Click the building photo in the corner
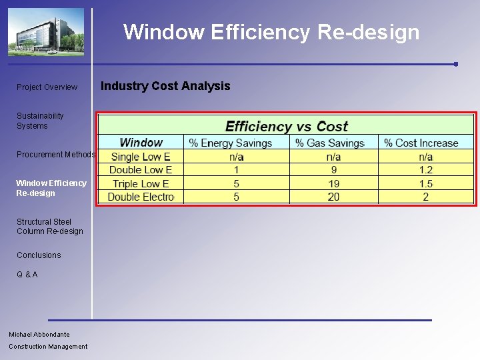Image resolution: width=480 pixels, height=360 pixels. pos(45,32)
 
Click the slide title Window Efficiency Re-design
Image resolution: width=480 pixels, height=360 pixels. pos(271,32)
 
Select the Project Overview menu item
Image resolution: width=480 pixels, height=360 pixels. pos(47,87)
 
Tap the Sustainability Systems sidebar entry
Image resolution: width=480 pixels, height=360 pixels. pos(40,121)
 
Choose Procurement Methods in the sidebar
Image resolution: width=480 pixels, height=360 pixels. pos(56,155)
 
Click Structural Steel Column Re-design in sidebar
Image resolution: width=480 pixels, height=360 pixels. pos(50,227)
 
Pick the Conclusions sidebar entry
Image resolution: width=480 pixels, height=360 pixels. pos(39,255)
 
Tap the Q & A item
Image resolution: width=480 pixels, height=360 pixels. pos(27,275)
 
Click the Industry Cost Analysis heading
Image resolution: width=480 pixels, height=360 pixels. pos(165,86)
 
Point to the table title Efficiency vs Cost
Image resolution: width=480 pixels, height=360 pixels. pos(287,127)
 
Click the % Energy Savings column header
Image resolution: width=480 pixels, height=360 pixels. pos(231,143)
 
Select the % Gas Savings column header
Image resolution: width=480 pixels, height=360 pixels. pos(330,143)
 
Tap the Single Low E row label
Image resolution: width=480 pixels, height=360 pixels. pos(141,157)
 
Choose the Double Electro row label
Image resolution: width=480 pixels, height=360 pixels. pos(141,197)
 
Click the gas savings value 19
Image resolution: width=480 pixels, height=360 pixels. pos(333,183)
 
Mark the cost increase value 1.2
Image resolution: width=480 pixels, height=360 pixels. pos(426,170)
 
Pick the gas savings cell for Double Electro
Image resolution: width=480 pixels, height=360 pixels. pos(333,197)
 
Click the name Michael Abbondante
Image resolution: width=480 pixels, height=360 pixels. pos(39,334)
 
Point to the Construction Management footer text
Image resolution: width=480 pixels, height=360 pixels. pos(48,346)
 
